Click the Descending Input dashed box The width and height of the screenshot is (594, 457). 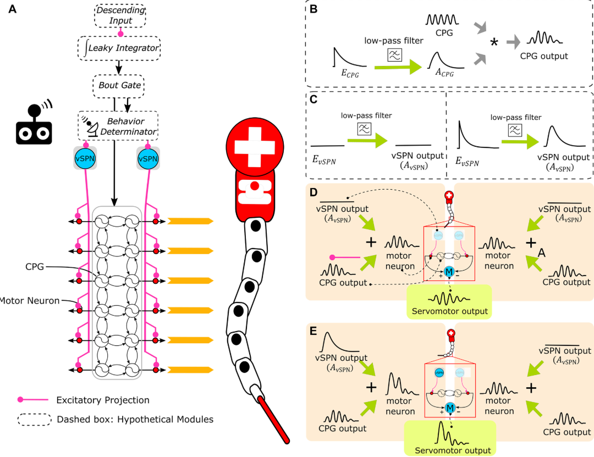(120, 15)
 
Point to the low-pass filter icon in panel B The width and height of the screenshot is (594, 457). (394, 54)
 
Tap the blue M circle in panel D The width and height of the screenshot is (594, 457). (450, 272)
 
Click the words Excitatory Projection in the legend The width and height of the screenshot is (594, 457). (103, 400)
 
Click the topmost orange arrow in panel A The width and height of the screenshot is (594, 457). (190, 221)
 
